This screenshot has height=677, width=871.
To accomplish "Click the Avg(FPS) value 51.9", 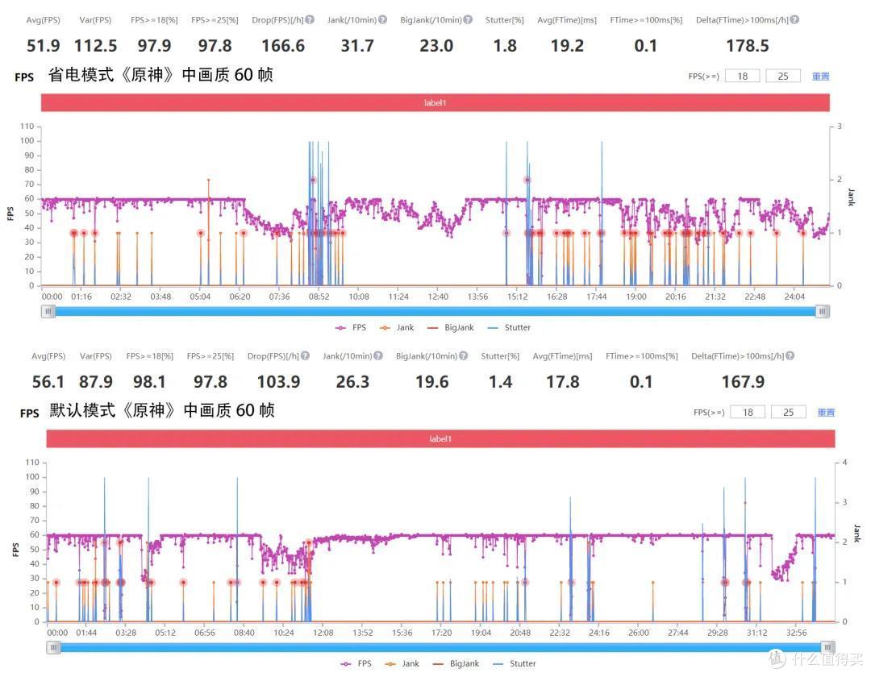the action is tap(44, 45).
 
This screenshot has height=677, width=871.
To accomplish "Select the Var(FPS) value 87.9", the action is tap(95, 382).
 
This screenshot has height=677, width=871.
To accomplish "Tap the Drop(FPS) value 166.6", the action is tap(283, 45).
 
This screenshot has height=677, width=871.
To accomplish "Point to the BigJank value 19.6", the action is tap(432, 382).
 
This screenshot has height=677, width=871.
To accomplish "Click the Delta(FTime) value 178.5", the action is tap(748, 45).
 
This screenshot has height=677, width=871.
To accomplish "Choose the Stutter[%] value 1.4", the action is tap(501, 382).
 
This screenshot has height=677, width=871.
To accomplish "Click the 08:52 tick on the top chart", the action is tap(319, 297).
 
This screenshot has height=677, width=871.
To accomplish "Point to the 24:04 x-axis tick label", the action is tap(794, 297).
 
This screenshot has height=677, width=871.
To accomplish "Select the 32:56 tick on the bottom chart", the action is tap(797, 633).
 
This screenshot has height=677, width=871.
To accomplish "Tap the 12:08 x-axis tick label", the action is tap(323, 633).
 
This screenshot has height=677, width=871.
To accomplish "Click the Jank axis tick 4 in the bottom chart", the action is tap(845, 463).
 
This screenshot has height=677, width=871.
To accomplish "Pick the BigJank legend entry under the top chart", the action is tap(451, 327).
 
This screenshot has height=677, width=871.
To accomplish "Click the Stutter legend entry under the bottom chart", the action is tap(515, 663).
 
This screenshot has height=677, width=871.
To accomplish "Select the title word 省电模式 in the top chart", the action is tap(81, 74).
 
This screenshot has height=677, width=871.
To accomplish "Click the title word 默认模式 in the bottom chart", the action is tap(82, 410).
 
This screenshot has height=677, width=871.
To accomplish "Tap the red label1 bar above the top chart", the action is tap(435, 102).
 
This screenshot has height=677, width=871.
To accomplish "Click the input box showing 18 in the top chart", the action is tap(742, 76).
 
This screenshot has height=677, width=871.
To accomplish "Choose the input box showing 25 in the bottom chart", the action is tap(788, 413).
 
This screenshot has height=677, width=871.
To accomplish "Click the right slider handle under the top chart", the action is tap(823, 311).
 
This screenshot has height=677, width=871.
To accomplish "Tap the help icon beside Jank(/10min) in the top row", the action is tap(383, 19).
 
